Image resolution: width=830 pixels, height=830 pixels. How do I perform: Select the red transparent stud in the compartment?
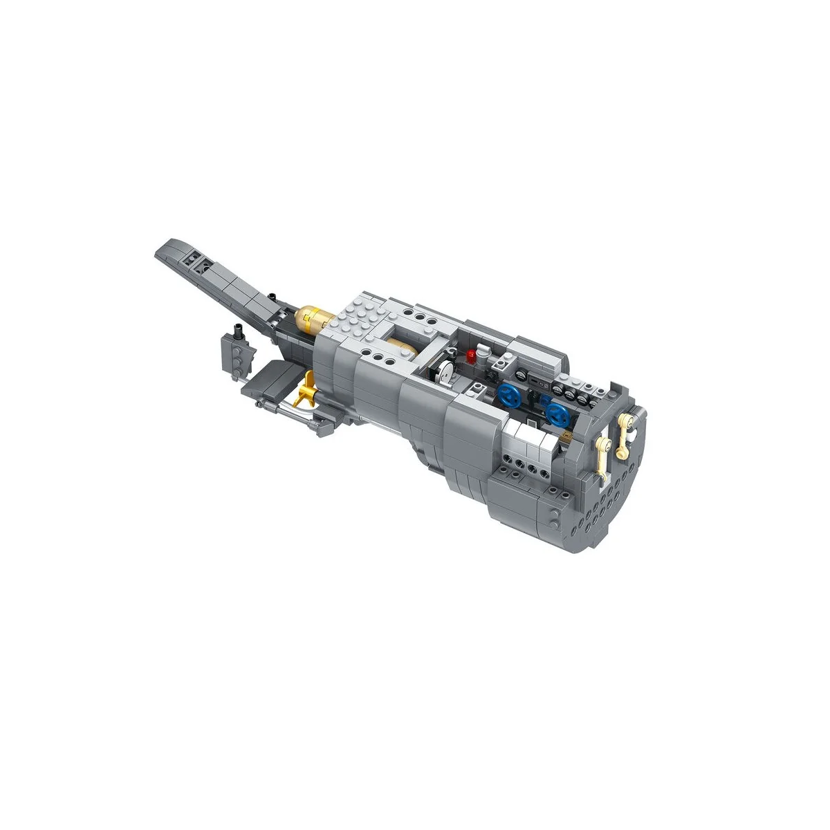pos(474,356)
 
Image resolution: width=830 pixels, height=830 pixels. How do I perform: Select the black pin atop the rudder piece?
pos(237,331)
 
